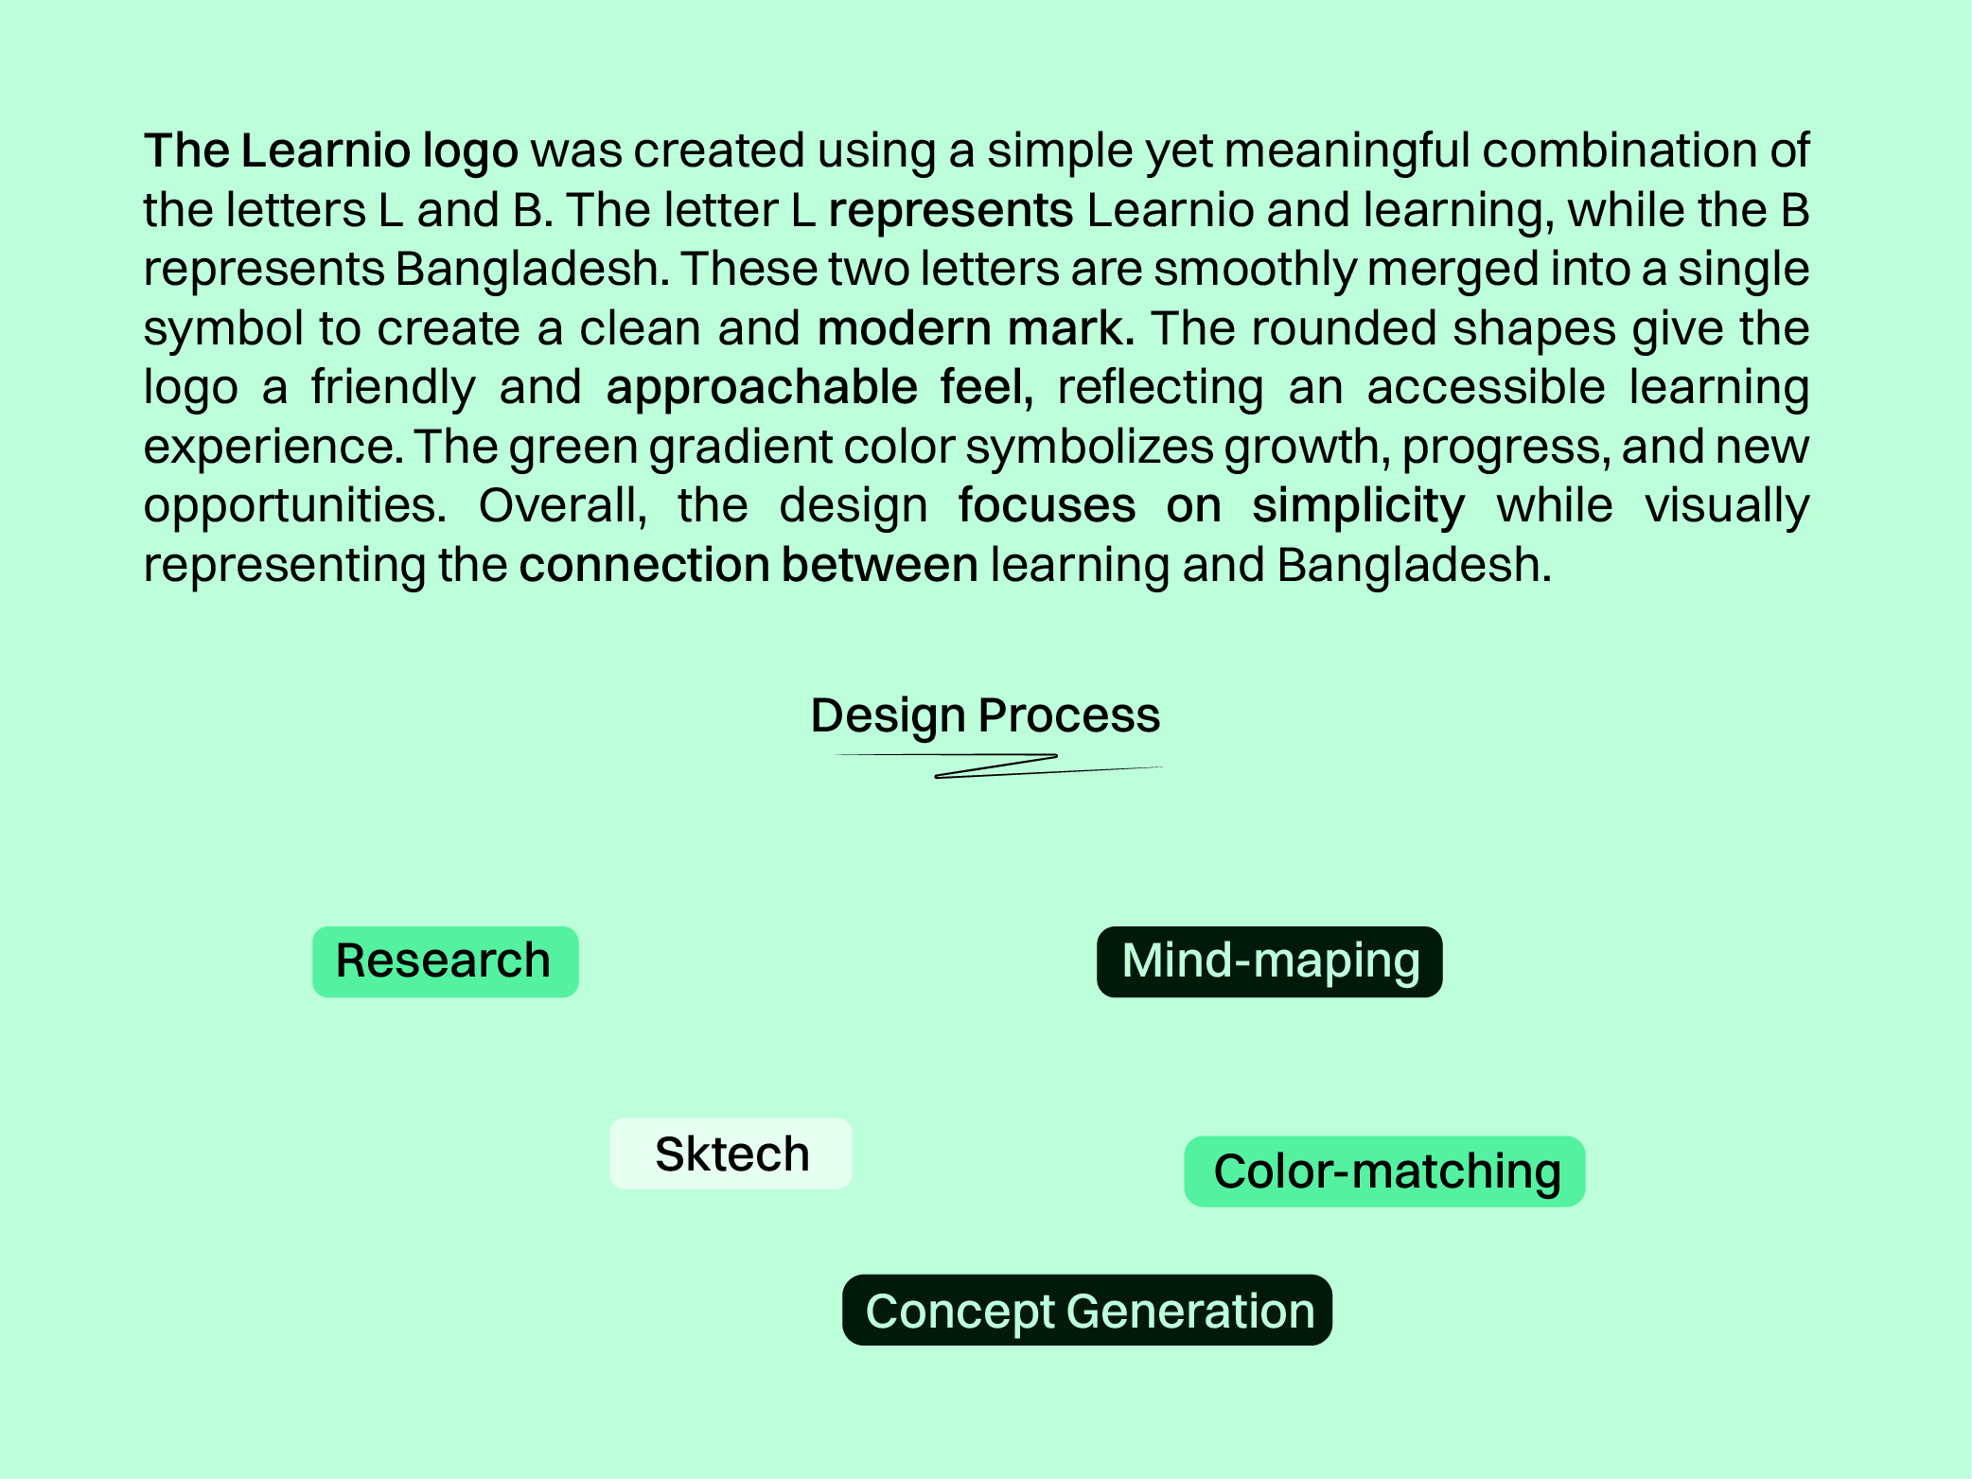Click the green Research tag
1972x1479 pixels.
pyautogui.click(x=445, y=961)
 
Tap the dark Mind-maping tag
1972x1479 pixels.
pyautogui.click(x=1269, y=961)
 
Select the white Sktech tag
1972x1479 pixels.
pyautogui.click(x=731, y=1153)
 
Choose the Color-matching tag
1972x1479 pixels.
pyautogui.click(x=1384, y=1171)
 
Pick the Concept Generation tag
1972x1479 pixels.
pyautogui.click(x=1087, y=1311)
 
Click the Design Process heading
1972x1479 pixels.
pyautogui.click(x=985, y=715)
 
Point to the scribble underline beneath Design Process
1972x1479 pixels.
pyautogui.click(x=998, y=765)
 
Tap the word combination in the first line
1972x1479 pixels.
pyautogui.click(x=1633, y=151)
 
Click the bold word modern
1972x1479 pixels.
pyautogui.click(x=905, y=328)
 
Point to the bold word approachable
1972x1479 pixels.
pyautogui.click(x=762, y=388)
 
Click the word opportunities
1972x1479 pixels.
pyautogui.click(x=294, y=506)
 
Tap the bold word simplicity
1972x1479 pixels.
pyautogui.click(x=1358, y=506)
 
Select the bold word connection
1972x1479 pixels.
pyautogui.click(x=643, y=565)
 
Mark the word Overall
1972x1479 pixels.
pyautogui.click(x=562, y=506)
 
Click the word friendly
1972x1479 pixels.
pyautogui.click(x=393, y=388)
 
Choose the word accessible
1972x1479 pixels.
pyautogui.click(x=1486, y=388)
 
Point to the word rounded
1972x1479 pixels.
pyautogui.click(x=1345, y=328)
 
